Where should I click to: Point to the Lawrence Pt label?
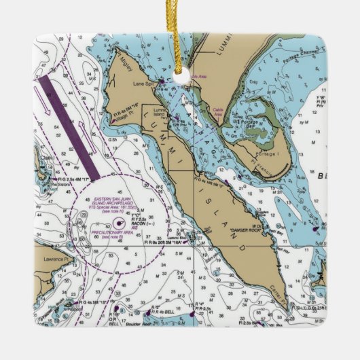pyautogui.click(x=56, y=258)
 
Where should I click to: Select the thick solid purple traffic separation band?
pyautogui.click(x=69, y=126)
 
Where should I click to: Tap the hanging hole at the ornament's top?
pyautogui.click(x=180, y=74)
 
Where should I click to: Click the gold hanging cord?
pyautogui.click(x=179, y=34)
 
